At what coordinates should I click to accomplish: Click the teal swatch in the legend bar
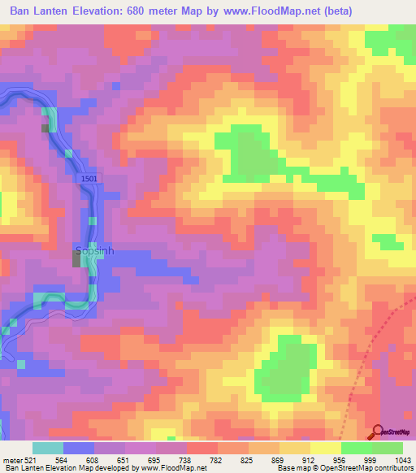pos(48,448)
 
